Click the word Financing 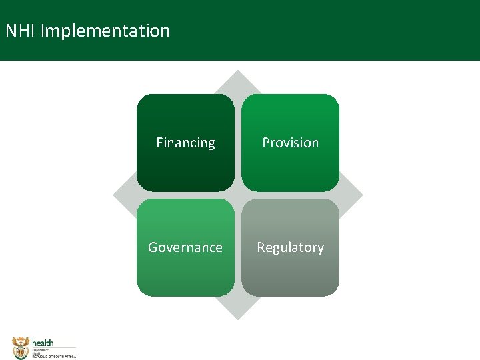pyautogui.click(x=185, y=143)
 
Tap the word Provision pyautogui.click(x=290, y=143)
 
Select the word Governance pyautogui.click(x=185, y=247)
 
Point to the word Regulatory pyautogui.click(x=290, y=247)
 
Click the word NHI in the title pyautogui.click(x=20, y=31)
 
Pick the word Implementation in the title pyautogui.click(x=105, y=31)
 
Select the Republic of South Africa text pyautogui.click(x=54, y=357)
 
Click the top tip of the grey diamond pyautogui.click(x=238, y=72)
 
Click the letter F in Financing pyautogui.click(x=159, y=143)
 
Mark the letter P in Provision pyautogui.click(x=266, y=143)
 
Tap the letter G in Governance pyautogui.click(x=153, y=247)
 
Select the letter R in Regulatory pyautogui.click(x=261, y=247)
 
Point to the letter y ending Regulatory pyautogui.click(x=321, y=249)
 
